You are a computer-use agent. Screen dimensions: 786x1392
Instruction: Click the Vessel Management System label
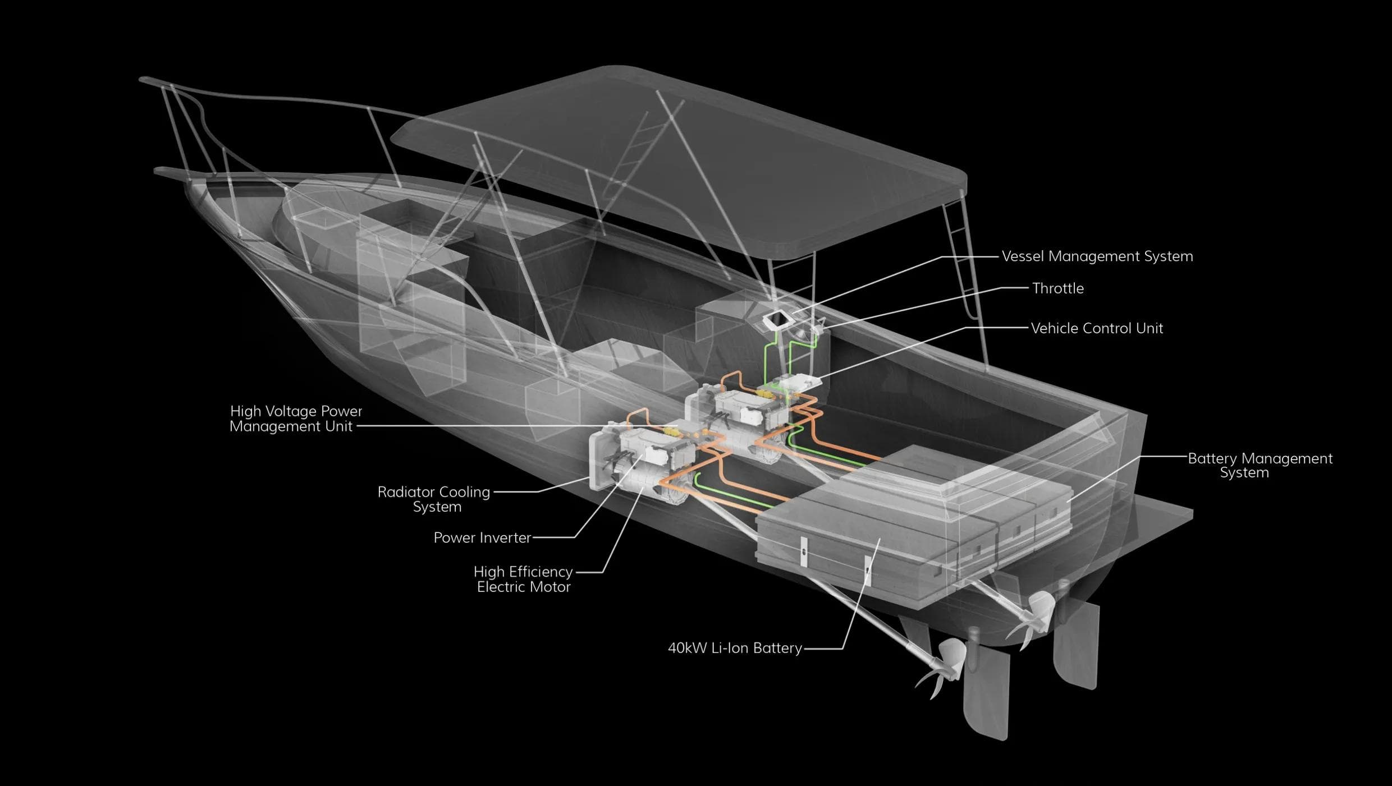point(1097,256)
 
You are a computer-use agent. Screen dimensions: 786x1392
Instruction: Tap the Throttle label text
point(1057,288)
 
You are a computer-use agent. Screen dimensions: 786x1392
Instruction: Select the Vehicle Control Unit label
point(1096,328)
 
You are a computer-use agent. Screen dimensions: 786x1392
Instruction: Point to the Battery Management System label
point(1260,465)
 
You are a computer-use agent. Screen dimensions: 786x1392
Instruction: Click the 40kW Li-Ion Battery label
point(734,648)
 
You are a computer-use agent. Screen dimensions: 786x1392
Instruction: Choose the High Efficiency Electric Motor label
point(523,579)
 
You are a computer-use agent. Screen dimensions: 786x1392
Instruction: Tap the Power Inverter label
point(482,537)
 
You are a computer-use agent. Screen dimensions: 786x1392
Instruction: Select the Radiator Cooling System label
point(434,499)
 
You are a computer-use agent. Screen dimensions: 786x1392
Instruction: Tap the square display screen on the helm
point(777,320)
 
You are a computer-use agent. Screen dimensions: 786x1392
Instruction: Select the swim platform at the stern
point(1156,519)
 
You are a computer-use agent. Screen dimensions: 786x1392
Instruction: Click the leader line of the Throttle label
point(921,305)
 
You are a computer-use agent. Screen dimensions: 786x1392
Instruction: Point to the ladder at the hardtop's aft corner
point(957,258)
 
